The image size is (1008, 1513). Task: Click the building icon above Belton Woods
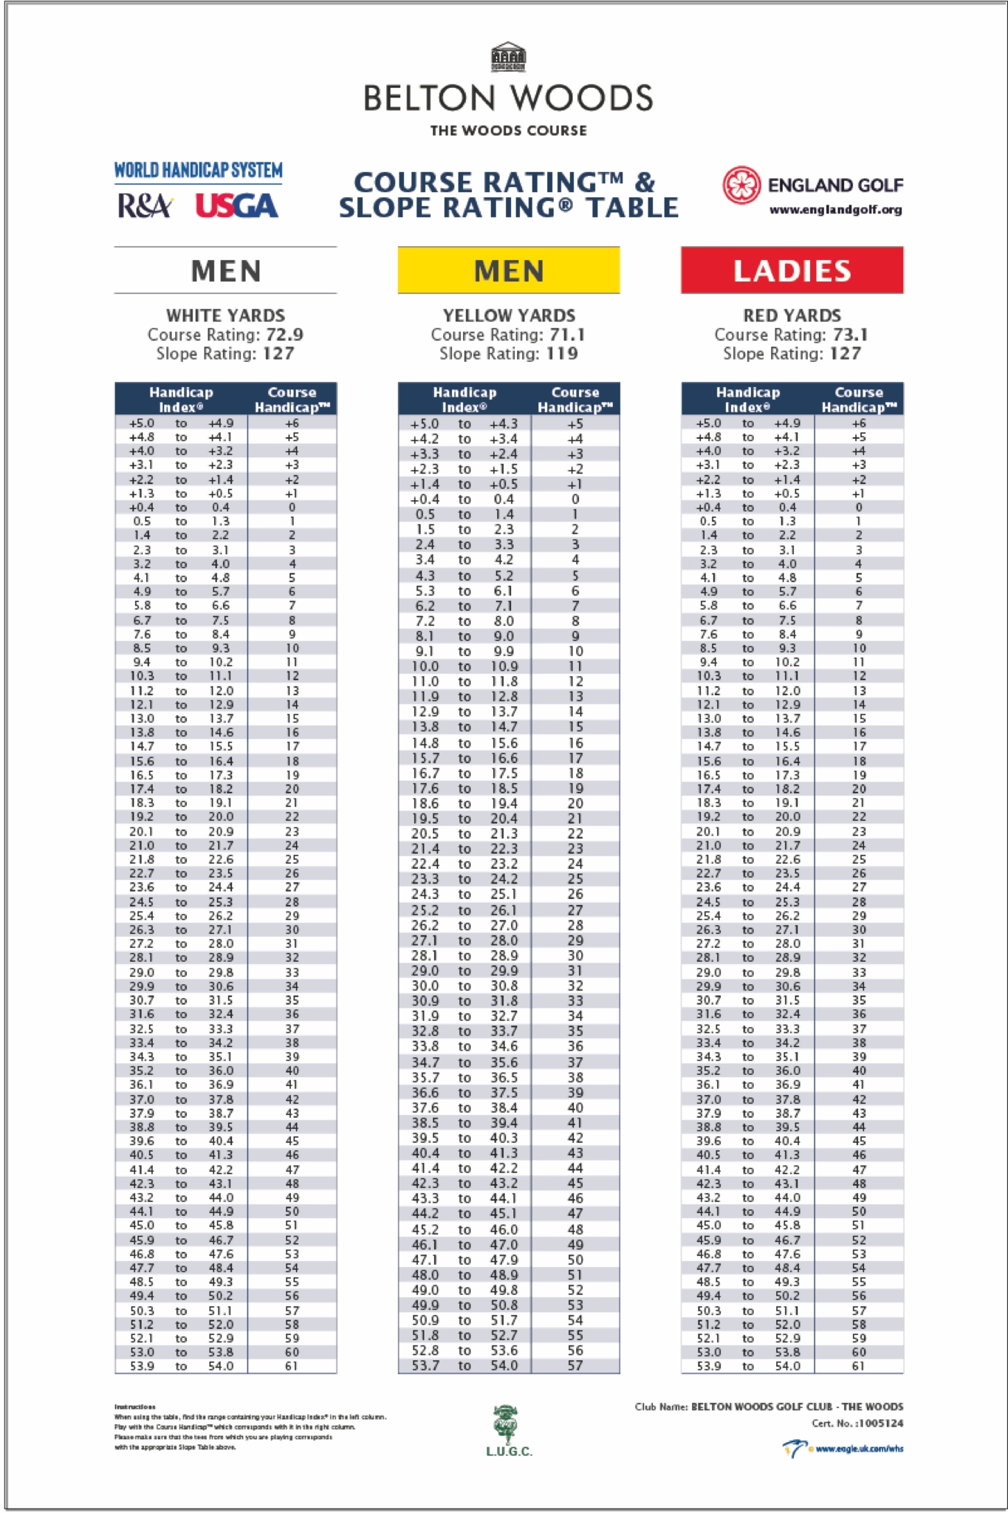point(508,57)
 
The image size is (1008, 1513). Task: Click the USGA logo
point(237,206)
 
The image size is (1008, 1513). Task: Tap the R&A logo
point(145,206)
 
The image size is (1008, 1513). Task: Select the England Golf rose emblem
point(741,185)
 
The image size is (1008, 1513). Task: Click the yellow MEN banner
point(509,270)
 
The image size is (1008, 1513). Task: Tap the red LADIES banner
point(792,270)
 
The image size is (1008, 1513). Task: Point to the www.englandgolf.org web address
point(835,210)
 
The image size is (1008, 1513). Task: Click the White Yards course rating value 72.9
point(284,335)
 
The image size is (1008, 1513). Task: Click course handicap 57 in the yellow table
point(575,1365)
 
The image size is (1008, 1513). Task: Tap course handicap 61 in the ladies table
point(858,1365)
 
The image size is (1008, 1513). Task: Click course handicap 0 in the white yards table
point(292,508)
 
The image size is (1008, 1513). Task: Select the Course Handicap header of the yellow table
point(575,400)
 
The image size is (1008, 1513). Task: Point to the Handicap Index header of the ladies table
point(747,400)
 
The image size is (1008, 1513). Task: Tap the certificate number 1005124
point(880,1423)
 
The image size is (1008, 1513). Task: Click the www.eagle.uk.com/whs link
point(859,1449)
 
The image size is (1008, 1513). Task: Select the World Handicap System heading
point(198,171)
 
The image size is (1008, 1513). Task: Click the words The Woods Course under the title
point(508,131)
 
